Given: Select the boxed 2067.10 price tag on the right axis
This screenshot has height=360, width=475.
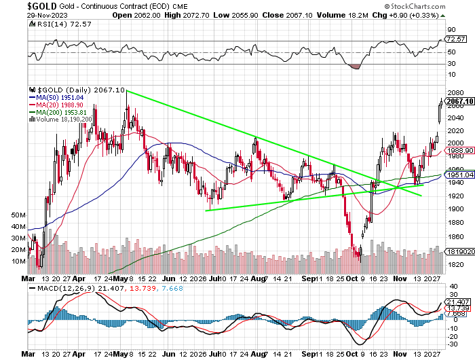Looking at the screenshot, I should tap(459, 101).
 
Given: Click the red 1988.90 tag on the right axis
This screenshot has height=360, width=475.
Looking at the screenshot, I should tap(459, 150).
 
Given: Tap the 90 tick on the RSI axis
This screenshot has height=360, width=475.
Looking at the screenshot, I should tap(451, 30).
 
